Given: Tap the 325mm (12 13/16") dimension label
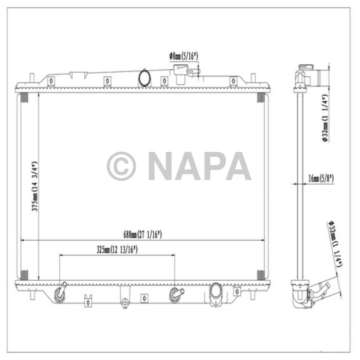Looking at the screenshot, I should (118, 250).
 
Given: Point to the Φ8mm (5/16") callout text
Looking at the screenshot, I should (184, 56).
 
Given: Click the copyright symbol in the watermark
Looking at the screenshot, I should (121, 166).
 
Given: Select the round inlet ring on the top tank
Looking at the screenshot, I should (145, 78).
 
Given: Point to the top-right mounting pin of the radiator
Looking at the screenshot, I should (253, 79).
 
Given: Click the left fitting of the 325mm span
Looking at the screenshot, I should (61, 294).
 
